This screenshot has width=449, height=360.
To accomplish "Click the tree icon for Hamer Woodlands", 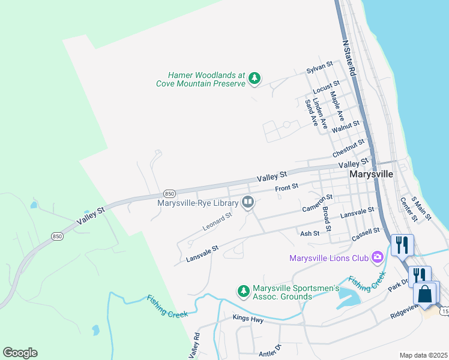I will pyautogui.click(x=255, y=77).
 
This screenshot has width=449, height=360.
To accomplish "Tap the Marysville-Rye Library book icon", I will pyautogui.click(x=248, y=203).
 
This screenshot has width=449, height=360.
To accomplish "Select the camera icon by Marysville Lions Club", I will pyautogui.click(x=378, y=257).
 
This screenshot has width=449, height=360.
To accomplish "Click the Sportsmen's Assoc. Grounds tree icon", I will pyautogui.click(x=243, y=291).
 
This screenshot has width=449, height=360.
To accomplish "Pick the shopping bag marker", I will pyautogui.click(x=425, y=295).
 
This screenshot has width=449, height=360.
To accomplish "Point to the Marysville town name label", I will pyautogui.click(x=371, y=175).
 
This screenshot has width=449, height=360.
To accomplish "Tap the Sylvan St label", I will pyautogui.click(x=319, y=67).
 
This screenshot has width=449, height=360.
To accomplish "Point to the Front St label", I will pyautogui.click(x=287, y=188).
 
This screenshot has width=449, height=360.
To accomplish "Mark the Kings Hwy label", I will pyautogui.click(x=248, y=320).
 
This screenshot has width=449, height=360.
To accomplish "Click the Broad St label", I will pyautogui.click(x=327, y=220).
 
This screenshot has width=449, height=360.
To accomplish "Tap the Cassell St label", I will pyautogui.click(x=366, y=232).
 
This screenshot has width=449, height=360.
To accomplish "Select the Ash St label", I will pyautogui.click(x=309, y=233).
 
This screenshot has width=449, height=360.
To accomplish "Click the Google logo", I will pyautogui.click(x=20, y=353).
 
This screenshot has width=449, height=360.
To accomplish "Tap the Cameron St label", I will pyautogui.click(x=318, y=203).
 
